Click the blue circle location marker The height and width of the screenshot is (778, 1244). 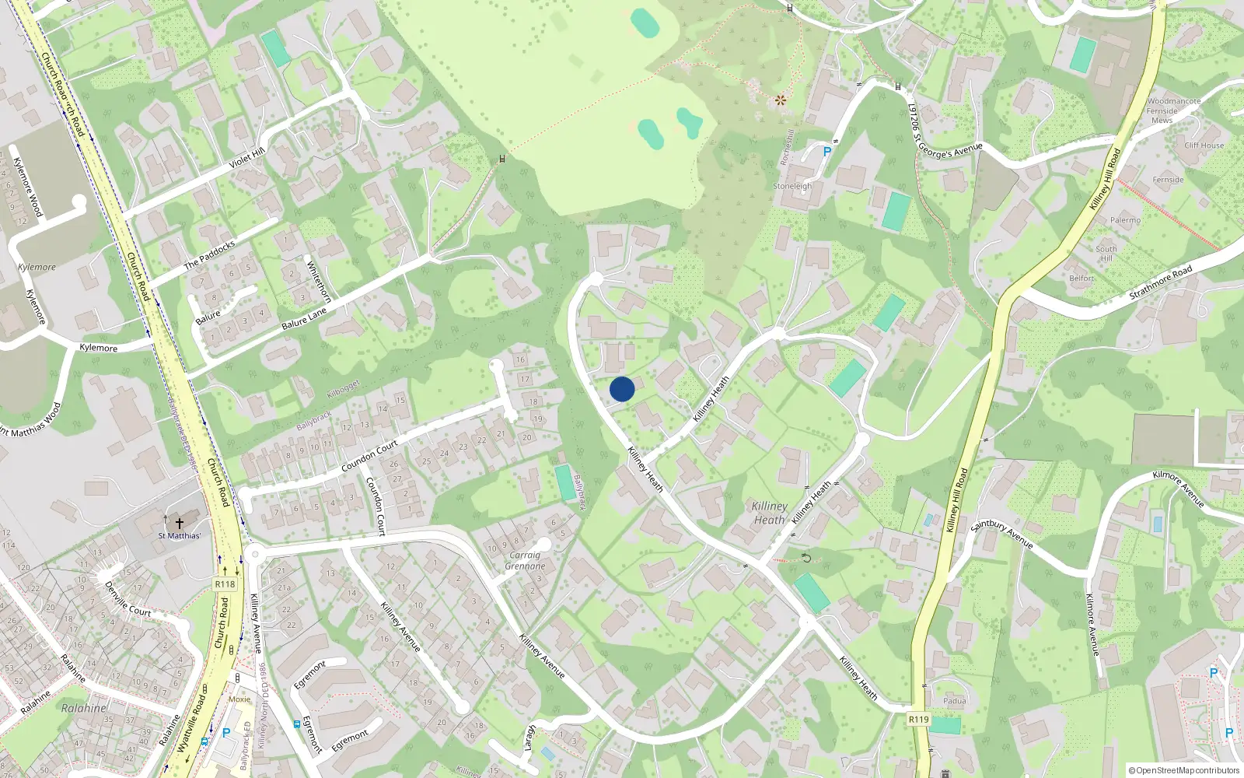(622, 389)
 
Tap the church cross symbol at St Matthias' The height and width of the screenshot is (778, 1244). (179, 524)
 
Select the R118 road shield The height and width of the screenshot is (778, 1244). (225, 584)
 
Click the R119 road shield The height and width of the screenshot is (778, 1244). (919, 719)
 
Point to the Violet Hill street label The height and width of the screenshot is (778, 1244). (247, 160)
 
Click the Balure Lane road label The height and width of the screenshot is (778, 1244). (305, 318)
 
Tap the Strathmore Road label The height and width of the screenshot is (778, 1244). (1160, 283)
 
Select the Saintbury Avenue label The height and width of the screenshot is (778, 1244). (1001, 534)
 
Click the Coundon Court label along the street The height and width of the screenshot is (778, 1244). (369, 456)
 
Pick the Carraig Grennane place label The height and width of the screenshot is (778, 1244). (525, 560)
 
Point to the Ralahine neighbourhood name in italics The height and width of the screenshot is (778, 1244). (84, 708)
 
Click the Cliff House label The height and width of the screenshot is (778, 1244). (1204, 145)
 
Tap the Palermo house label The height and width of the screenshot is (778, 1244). (1125, 220)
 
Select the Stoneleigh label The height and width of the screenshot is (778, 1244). (792, 187)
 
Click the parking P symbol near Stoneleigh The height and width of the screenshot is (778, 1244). (827, 152)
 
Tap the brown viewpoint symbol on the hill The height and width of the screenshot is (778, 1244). (781, 100)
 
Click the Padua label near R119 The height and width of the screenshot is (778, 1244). (954, 701)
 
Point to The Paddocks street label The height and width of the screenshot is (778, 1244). (209, 255)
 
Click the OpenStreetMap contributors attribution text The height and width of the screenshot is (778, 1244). (1184, 771)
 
